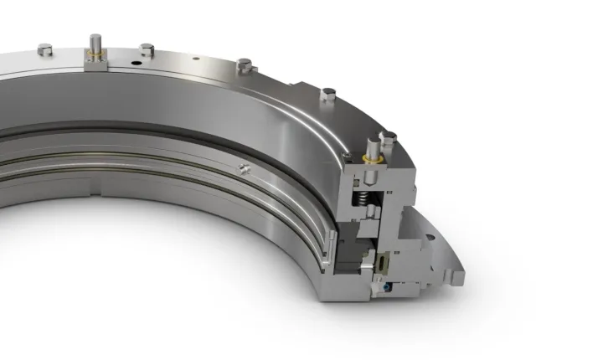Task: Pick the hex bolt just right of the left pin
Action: coord(147,49)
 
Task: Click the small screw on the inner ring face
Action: coord(244,169)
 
